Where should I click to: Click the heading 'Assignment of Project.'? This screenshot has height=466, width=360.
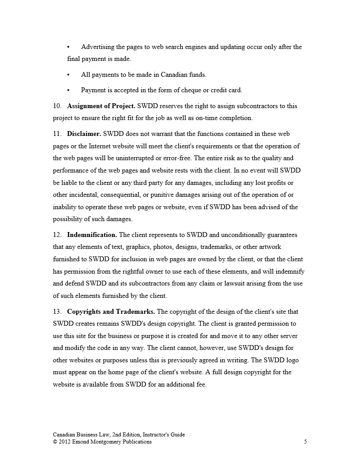tap(101, 106)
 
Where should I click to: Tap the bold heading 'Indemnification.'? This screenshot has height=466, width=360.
tap(92, 235)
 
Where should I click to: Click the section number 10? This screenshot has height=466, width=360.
tap(56, 106)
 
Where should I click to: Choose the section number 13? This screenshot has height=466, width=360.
tap(56, 312)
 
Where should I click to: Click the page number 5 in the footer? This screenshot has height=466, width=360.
tap(305, 442)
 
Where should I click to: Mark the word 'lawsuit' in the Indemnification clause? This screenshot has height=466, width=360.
tap(241, 283)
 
